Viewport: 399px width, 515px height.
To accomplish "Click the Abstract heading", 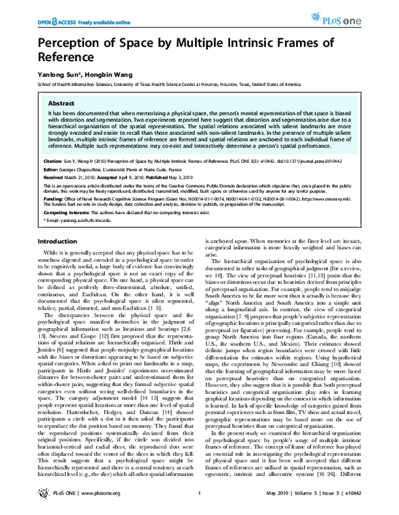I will coord(61,104).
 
